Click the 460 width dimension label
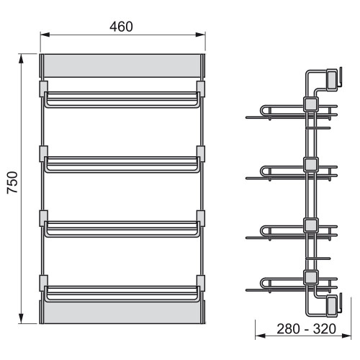tap(121, 27)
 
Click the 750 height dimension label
tap(12, 182)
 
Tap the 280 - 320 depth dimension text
tap(306, 329)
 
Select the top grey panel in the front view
tap(122, 66)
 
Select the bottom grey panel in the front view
tap(122, 312)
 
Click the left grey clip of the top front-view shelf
tap(43, 89)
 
